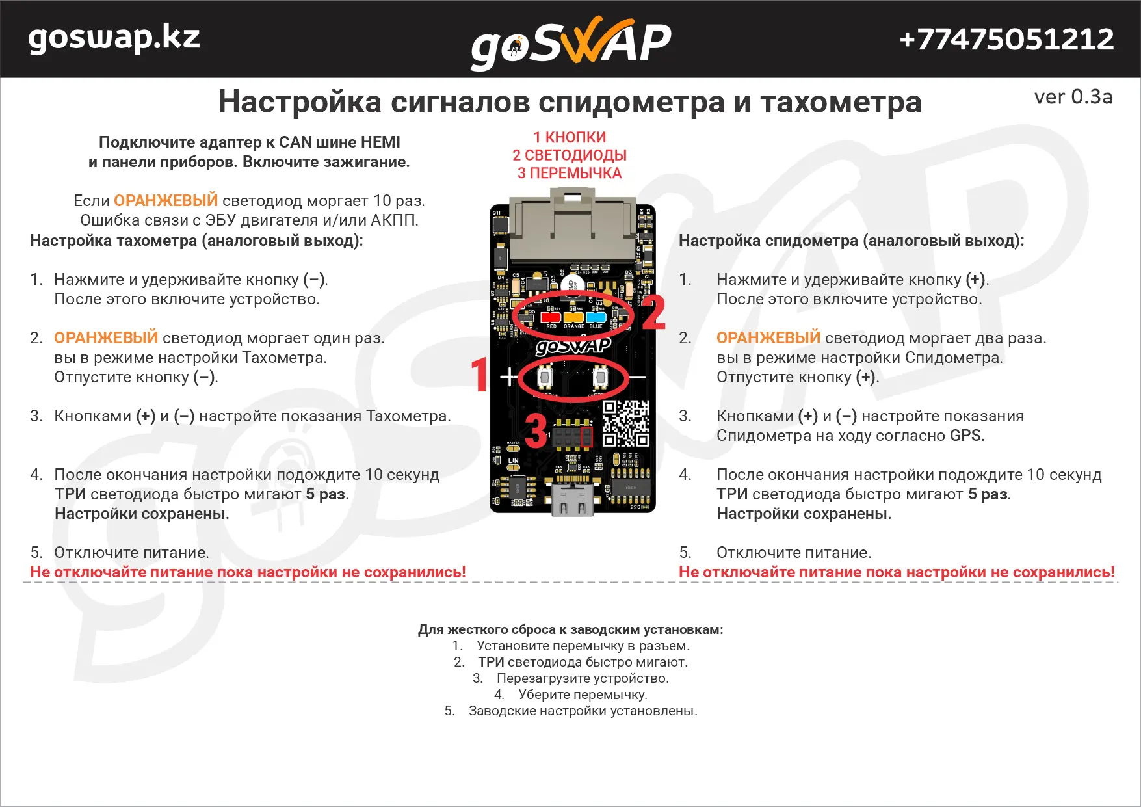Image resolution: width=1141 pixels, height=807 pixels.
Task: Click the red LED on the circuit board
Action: [x=550, y=317]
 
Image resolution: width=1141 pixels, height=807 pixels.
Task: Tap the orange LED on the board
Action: [x=573, y=317]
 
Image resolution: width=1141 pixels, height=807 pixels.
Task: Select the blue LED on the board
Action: [x=596, y=317]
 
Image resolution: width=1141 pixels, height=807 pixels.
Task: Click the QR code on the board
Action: [x=625, y=423]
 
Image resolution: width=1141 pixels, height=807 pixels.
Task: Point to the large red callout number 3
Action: [x=536, y=430]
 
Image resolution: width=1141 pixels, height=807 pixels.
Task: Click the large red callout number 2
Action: [x=653, y=313]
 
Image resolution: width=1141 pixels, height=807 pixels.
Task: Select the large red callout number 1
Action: [x=480, y=375]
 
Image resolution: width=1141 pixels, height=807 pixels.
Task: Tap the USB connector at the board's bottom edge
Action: [x=572, y=500]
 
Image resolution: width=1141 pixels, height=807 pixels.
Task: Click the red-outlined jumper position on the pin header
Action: [x=586, y=436]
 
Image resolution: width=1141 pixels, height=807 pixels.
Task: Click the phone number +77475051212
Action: [x=1006, y=39]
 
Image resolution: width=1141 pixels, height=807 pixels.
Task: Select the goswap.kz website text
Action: [x=114, y=38]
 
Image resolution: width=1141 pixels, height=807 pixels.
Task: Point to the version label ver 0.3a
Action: [x=1073, y=97]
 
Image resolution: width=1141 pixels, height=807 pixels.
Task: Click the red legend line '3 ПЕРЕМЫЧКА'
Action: [x=570, y=173]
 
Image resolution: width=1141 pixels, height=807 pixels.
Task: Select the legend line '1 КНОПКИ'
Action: [x=570, y=137]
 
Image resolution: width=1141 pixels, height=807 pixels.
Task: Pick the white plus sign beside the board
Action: [x=508, y=377]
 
